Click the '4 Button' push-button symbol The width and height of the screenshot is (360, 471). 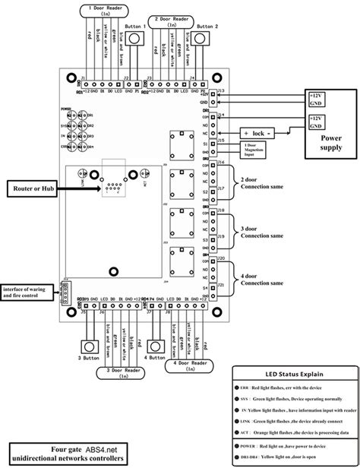click(159, 343)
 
